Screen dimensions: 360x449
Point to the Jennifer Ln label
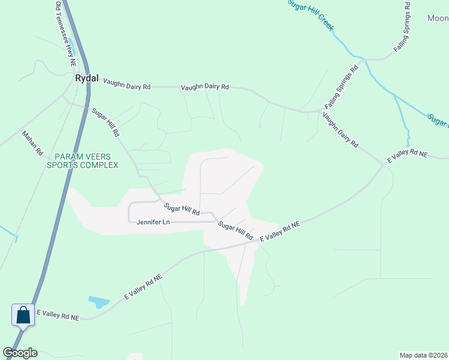point(154,222)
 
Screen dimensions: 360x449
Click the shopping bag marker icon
point(23,314)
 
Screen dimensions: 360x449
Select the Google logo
point(20,353)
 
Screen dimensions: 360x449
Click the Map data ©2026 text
point(423,355)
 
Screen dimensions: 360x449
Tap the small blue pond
point(97,301)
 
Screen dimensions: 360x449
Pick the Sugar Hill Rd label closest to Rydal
point(106,122)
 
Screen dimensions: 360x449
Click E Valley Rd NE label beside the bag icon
point(58,314)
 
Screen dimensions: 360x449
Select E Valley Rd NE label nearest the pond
point(143,287)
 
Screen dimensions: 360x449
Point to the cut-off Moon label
point(438,19)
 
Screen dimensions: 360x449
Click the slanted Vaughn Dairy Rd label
point(340,130)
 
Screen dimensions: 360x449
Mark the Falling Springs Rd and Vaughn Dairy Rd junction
point(318,111)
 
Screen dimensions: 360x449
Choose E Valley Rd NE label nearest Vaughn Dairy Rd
point(407,154)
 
